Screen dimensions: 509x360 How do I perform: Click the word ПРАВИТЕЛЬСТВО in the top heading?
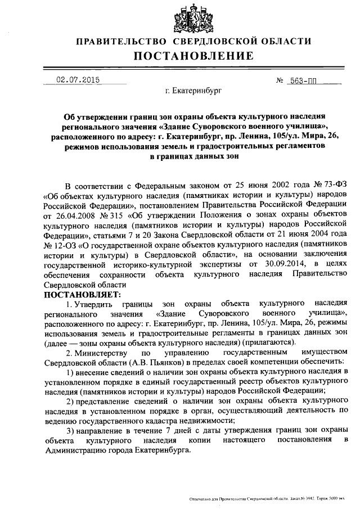click(x=121, y=42)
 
